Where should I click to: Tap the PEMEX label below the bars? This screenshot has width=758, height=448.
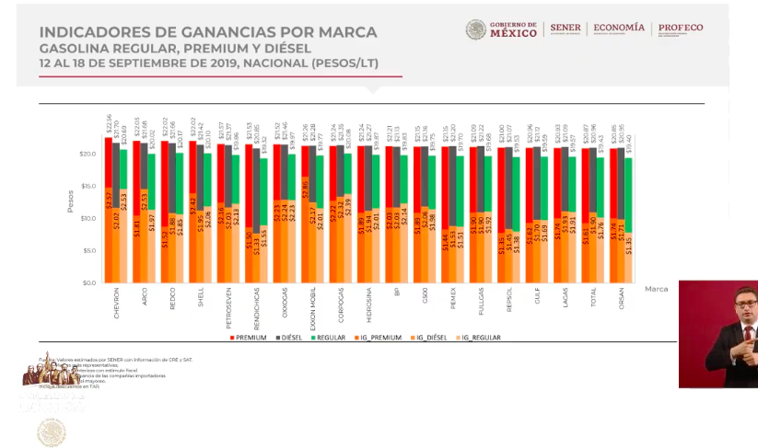point(451,302)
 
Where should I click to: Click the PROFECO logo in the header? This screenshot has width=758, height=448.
point(682,28)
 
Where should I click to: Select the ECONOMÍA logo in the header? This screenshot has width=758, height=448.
point(619,29)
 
